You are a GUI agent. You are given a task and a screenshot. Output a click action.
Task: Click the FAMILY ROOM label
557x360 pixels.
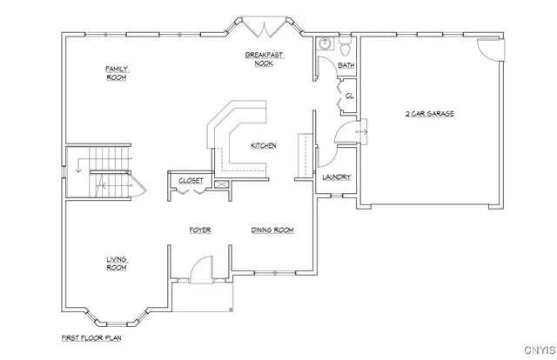click(117, 72)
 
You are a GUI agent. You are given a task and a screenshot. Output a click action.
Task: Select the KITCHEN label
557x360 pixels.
click(264, 145)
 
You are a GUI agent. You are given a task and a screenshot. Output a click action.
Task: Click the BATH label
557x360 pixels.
click(346, 65)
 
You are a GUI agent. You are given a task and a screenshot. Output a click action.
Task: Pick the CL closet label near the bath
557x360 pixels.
click(349, 96)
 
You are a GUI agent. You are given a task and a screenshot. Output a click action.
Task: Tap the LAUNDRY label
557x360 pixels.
click(336, 177)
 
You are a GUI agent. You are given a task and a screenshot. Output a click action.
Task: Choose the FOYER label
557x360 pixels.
click(200, 230)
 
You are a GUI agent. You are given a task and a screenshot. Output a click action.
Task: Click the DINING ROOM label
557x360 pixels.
click(272, 230)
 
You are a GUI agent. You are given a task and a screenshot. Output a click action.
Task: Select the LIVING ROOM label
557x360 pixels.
click(117, 263)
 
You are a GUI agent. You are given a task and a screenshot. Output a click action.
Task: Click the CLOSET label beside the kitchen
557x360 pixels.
click(191, 181)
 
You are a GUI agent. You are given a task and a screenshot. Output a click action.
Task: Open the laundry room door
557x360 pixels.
click(323, 157)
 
